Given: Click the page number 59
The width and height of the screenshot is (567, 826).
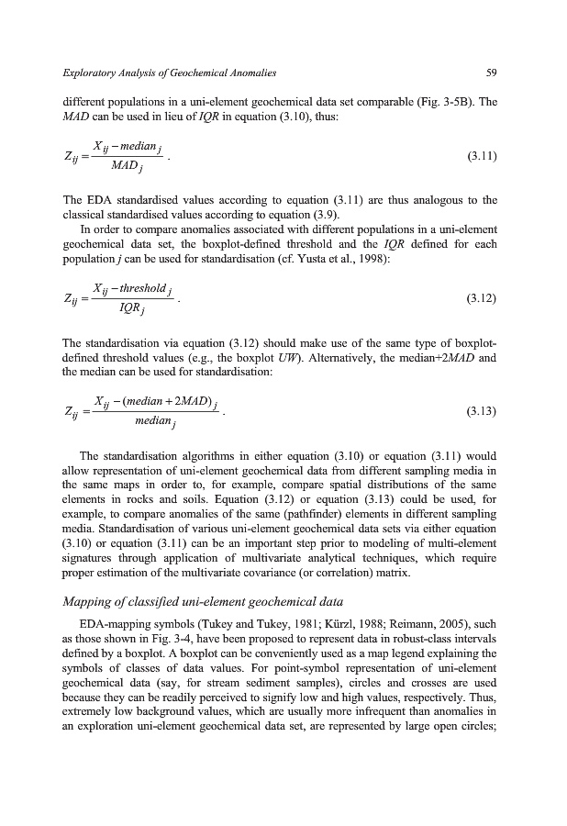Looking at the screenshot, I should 491,72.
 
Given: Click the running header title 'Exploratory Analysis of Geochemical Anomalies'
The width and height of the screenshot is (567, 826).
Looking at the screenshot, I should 169,72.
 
